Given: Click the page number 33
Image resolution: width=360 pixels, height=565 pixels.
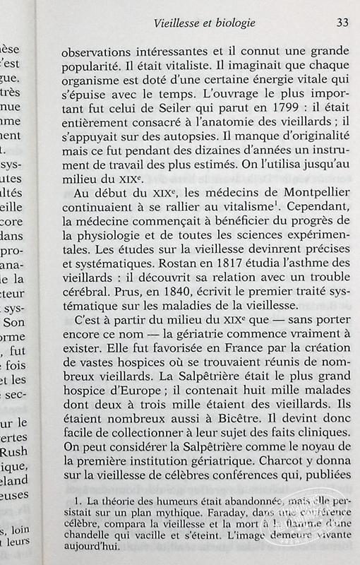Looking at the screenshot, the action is click(342, 23).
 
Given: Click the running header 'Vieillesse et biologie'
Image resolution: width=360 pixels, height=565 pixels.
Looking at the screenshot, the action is click(205, 23).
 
